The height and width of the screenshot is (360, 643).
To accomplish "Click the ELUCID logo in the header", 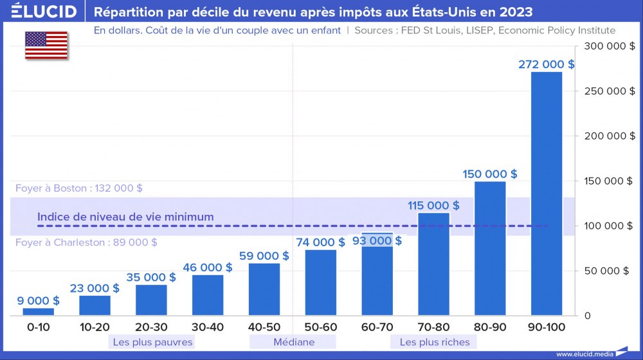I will tap(44, 12).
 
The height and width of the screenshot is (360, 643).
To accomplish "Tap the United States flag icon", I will tap(46, 44).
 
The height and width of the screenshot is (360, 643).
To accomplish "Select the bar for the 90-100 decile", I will tap(547, 193).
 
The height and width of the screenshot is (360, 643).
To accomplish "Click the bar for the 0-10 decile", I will tap(39, 312).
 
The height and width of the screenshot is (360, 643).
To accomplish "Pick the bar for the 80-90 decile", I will tap(490, 248).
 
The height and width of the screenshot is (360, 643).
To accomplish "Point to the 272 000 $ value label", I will tap(547, 64).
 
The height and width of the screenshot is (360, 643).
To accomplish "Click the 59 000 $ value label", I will tap(264, 255).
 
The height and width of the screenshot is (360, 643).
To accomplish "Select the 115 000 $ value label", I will tap(433, 206).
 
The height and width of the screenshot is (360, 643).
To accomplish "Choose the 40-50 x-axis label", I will tap(264, 327).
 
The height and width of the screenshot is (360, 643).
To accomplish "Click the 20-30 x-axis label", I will tap(151, 327).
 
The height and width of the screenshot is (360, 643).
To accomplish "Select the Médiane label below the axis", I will tap(293, 342).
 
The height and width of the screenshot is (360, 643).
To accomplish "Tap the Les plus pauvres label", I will tap(152, 342).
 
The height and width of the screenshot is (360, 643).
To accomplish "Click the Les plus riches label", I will tap(435, 342).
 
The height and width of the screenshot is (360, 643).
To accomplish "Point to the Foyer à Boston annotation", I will tap(78, 188).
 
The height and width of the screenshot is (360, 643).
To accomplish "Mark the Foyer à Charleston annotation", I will tap(86, 242).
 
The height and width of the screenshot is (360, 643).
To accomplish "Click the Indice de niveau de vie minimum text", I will tap(125, 217).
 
